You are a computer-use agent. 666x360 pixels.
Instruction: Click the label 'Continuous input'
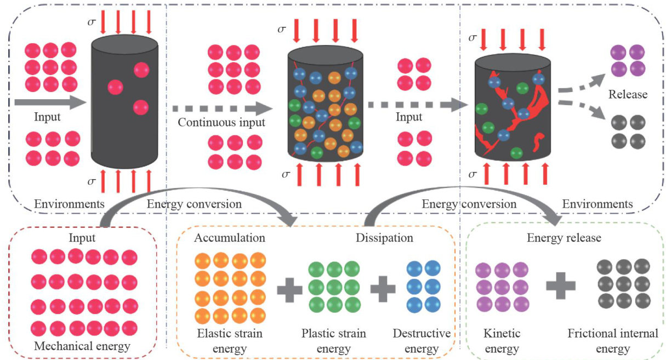pyautogui.click(x=221, y=123)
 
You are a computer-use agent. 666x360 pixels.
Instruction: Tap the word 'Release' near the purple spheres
pyautogui.click(x=628, y=94)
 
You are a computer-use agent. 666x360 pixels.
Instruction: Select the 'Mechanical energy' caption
pyautogui.click(x=82, y=346)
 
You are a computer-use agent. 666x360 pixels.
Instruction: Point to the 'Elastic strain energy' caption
pyautogui.click(x=230, y=341)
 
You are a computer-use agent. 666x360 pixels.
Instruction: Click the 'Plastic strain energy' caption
pyautogui.click(x=334, y=341)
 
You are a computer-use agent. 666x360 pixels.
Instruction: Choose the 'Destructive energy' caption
pyautogui.click(x=422, y=341)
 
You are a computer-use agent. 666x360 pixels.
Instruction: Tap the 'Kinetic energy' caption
pyautogui.click(x=502, y=341)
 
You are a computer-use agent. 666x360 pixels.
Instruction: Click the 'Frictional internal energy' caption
pyautogui.click(x=613, y=341)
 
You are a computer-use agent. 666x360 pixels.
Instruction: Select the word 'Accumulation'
pyautogui.click(x=230, y=238)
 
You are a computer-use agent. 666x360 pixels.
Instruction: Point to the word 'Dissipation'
pyautogui.click(x=384, y=238)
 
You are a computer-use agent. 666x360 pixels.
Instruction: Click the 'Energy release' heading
pyautogui.click(x=564, y=238)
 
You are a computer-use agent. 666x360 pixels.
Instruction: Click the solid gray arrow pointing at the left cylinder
pyautogui.click(x=50, y=102)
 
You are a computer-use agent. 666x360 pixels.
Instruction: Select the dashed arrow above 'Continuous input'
pyautogui.click(x=223, y=108)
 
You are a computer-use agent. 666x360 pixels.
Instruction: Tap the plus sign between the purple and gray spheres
pyautogui.click(x=561, y=285)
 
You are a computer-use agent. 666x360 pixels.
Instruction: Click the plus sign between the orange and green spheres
pyautogui.click(x=289, y=290)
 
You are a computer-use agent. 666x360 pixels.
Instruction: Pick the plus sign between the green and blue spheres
pyautogui.click(x=383, y=289)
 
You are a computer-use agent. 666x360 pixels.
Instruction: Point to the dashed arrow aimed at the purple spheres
pyautogui.click(x=582, y=84)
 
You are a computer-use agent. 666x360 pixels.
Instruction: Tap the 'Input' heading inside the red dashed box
pyautogui.click(x=82, y=238)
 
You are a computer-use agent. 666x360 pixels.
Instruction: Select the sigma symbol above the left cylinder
pyautogui.click(x=92, y=22)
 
